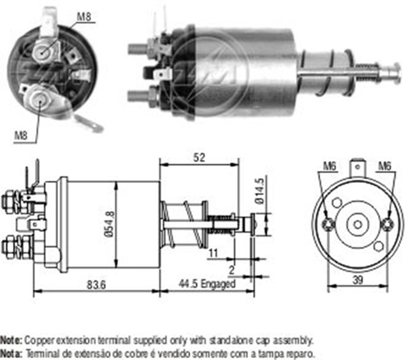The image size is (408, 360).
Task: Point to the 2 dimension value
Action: [231, 270]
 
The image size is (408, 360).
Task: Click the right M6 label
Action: [384, 167]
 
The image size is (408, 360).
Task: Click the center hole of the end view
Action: [358, 224]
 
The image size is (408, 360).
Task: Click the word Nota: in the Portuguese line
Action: [11, 353]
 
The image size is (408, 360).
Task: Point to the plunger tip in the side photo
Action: [395, 69]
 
